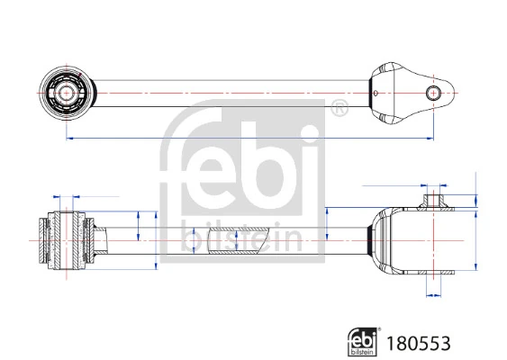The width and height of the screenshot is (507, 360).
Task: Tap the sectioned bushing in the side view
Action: click(68, 238)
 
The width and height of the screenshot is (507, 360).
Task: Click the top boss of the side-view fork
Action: click(435, 197)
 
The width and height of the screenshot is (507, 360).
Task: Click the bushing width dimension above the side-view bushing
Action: click(68, 195)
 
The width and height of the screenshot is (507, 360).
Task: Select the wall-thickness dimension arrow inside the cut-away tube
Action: click(235, 240)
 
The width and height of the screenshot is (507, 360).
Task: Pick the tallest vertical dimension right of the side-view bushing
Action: click(158, 238)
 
